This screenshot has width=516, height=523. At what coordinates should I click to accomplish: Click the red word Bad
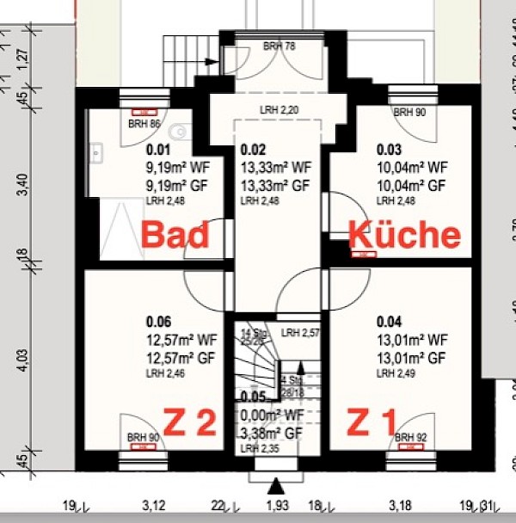point(175,234)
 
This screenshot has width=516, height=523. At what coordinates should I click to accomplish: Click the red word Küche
point(404,234)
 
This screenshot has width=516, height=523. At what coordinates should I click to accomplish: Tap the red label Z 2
point(189,422)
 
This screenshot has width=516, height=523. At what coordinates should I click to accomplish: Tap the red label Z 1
point(372,422)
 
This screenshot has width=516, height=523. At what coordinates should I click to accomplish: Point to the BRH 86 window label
point(144,124)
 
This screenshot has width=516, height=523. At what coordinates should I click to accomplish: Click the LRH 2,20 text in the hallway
point(280,110)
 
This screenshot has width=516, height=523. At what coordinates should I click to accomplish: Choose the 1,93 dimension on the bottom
point(275,506)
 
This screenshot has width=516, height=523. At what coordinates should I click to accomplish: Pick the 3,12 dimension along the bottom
point(154,506)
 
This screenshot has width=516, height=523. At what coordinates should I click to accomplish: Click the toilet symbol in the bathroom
point(180,131)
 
